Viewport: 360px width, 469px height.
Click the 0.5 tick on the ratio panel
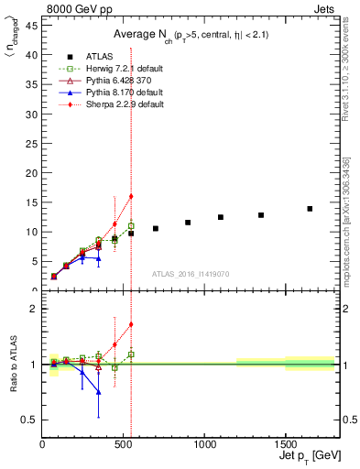30,420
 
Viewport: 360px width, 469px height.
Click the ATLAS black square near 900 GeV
188,223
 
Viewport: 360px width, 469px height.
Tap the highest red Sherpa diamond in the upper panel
131,196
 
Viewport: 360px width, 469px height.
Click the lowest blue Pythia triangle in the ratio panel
98,391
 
